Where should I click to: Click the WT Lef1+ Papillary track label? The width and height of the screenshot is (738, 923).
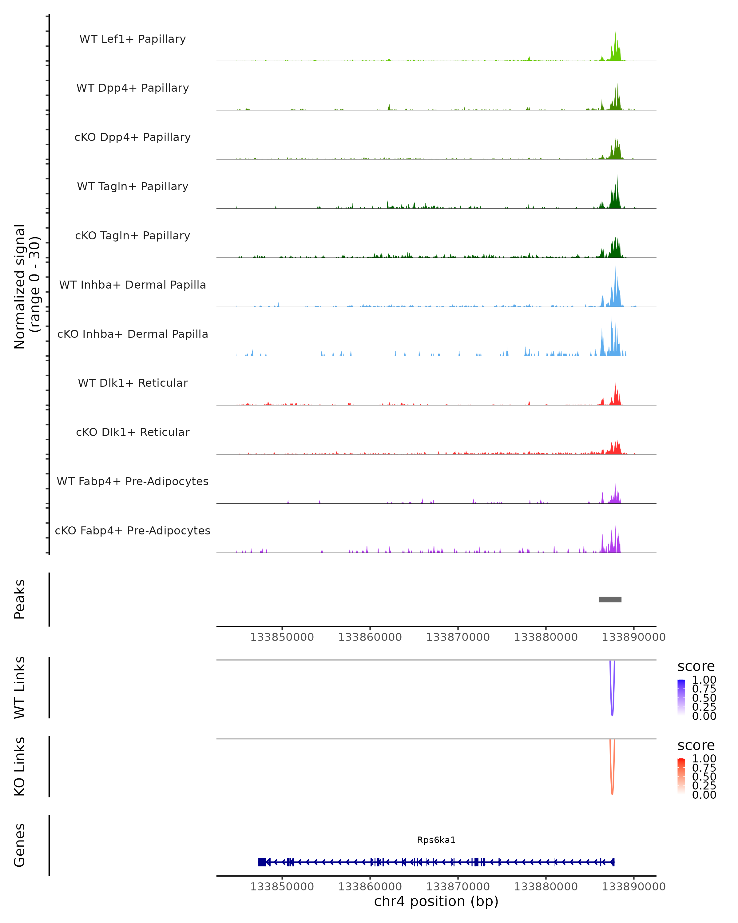click(133, 39)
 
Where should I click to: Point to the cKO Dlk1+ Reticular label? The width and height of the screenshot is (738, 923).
click(133, 432)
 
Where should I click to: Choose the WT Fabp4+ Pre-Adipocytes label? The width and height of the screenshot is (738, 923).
click(133, 481)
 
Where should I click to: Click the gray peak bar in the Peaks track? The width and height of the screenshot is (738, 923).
click(610, 599)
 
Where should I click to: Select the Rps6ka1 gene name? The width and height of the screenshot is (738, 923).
click(436, 840)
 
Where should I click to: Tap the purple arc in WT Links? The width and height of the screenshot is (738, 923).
click(612, 713)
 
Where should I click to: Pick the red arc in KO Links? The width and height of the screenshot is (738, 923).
click(612, 792)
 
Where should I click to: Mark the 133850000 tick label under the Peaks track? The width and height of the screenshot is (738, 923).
click(282, 637)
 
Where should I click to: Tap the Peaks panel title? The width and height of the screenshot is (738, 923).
click(20, 599)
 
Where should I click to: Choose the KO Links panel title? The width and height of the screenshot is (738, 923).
click(20, 767)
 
